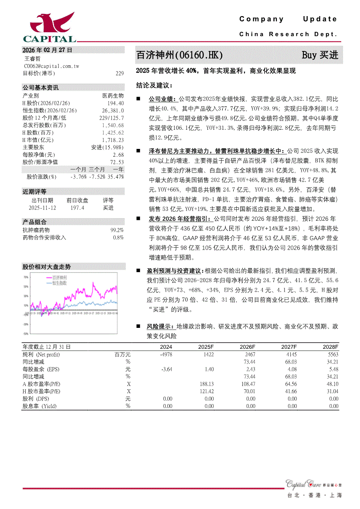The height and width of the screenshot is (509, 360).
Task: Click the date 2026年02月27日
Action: tap(48, 50)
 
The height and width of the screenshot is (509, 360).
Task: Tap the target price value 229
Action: tap(120, 74)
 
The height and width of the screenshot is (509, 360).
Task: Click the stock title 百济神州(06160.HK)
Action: tap(180, 55)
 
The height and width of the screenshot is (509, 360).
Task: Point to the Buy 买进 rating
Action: tap(320, 55)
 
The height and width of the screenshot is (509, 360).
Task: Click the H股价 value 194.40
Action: tap(115, 103)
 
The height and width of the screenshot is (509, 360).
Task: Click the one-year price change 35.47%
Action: tap(115, 177)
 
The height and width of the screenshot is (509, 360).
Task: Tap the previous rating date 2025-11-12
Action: tap(42, 208)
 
